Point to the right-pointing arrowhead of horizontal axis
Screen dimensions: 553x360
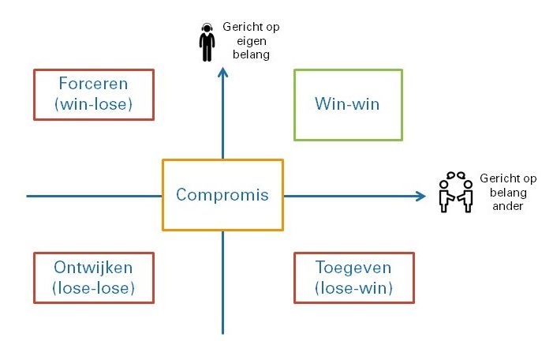click(x=421, y=197)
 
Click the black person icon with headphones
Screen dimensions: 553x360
click(x=207, y=43)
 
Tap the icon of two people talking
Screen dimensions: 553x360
click(x=456, y=193)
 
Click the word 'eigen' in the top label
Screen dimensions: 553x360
click(x=251, y=41)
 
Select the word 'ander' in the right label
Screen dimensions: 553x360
click(x=507, y=206)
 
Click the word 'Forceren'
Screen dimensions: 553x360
click(x=93, y=84)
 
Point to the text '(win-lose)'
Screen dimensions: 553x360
click(x=93, y=104)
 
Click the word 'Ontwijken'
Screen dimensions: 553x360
click(x=93, y=267)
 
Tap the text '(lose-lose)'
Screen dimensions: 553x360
click(x=93, y=288)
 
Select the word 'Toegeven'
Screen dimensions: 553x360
click(x=353, y=268)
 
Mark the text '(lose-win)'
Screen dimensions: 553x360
click(x=353, y=288)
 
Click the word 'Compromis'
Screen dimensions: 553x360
click(x=222, y=195)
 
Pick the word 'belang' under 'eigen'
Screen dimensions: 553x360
click(x=251, y=54)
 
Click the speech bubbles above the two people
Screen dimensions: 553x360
click(x=456, y=175)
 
